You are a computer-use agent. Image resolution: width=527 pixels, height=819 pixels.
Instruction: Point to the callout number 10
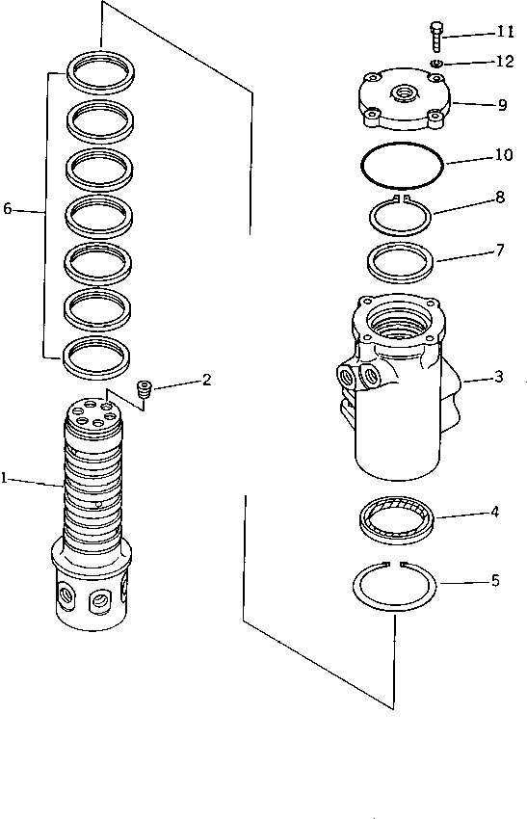click(503, 154)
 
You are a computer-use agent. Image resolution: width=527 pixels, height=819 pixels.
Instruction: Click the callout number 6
click(8, 208)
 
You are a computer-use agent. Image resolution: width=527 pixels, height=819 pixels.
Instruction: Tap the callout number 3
click(497, 377)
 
